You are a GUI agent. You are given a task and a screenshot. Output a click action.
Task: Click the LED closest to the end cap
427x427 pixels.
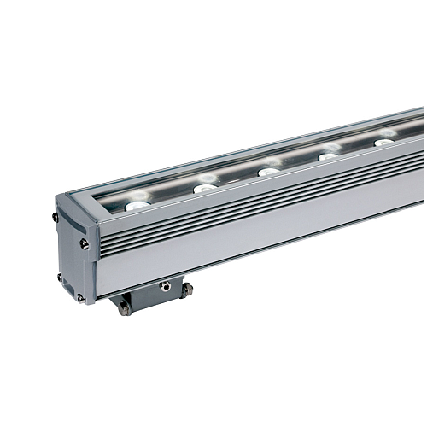(x=137, y=205)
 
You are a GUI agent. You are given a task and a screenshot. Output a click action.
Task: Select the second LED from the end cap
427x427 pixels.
(x=205, y=187)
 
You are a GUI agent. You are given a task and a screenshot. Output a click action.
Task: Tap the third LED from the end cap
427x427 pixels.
(x=269, y=171)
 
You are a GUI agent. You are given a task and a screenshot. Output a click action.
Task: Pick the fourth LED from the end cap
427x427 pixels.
(x=328, y=156)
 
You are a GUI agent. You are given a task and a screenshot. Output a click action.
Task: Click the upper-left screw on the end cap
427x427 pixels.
(x=55, y=217)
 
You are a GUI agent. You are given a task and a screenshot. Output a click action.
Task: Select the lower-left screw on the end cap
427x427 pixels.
(x=59, y=278)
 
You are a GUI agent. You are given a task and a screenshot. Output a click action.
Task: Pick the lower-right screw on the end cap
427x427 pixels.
(x=82, y=297)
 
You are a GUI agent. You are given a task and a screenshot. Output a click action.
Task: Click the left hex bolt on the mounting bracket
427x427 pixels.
(x=126, y=309)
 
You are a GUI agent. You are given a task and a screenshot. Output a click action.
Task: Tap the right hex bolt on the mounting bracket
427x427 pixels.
(x=187, y=290)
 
